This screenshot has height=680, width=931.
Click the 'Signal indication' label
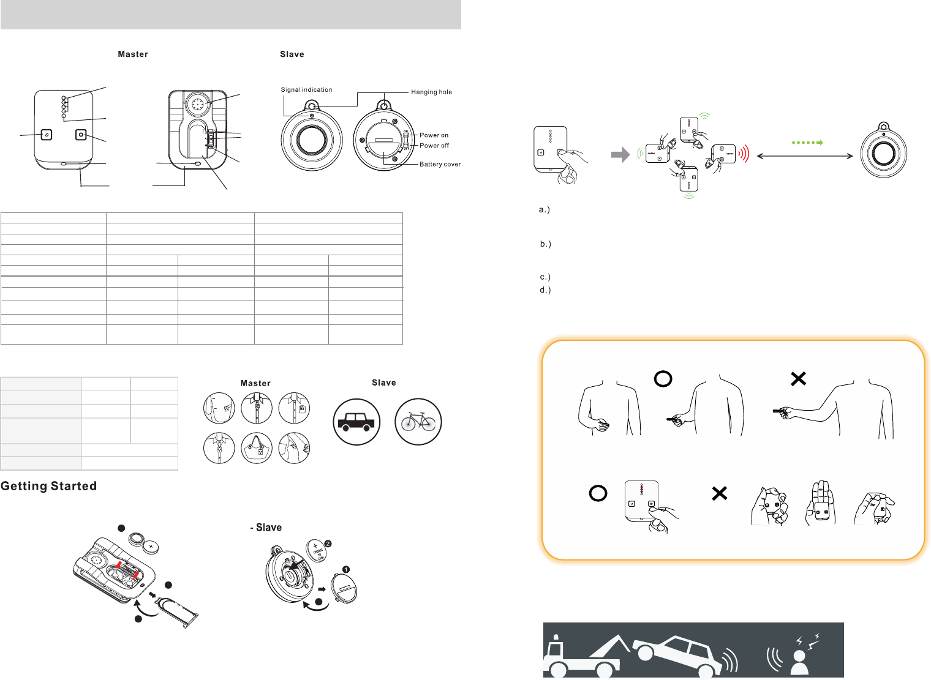coord(306,90)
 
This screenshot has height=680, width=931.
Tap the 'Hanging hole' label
coord(431,92)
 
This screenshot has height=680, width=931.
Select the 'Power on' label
coord(434,135)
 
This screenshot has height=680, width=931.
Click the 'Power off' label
coord(434,146)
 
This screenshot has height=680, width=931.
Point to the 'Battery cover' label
coord(440,164)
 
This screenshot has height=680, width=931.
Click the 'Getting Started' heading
coord(49,486)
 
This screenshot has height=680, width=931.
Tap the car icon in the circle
coord(356,422)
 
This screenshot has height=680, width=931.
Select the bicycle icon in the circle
coord(418,422)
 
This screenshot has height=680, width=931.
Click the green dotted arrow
coord(807,143)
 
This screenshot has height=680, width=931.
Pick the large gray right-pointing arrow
coord(620,155)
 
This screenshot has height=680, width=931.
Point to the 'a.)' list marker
coord(545,210)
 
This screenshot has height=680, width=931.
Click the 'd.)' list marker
coord(545,290)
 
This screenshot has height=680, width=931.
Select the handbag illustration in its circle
coord(257,448)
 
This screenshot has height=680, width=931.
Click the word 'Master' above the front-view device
coord(133,54)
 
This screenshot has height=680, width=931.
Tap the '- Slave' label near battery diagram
coord(266,528)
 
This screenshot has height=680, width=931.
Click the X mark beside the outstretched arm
coord(798,379)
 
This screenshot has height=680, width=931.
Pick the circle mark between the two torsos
coord(663,379)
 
